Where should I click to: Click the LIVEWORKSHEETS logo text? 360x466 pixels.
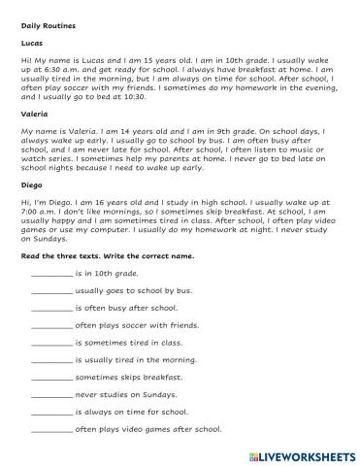310,454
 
